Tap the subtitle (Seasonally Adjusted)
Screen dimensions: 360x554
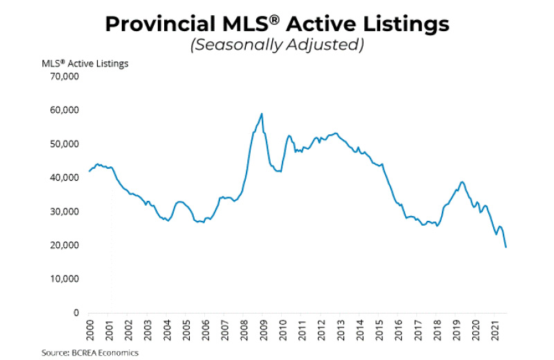point(277,46)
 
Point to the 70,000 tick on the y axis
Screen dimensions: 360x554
point(62,76)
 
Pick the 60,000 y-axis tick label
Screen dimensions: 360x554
point(62,110)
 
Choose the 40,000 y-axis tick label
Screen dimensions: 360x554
point(62,178)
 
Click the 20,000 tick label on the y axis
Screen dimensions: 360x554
point(62,245)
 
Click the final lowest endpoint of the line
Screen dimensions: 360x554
point(506,247)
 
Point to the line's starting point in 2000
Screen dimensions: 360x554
point(89,171)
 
